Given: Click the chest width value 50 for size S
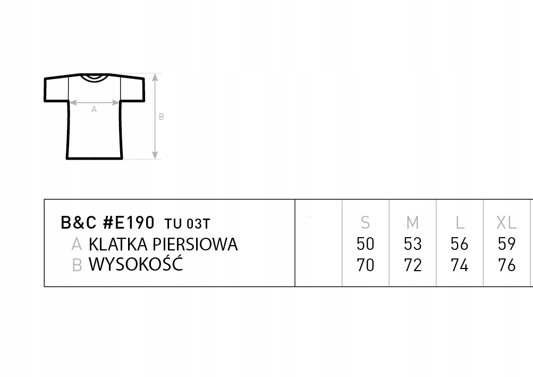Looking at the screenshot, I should [x=366, y=244].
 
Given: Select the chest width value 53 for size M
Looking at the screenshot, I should [x=412, y=244].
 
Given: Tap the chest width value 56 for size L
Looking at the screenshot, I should [x=459, y=244].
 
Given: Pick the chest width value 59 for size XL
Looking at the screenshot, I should [x=506, y=244].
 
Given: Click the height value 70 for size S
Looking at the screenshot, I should [x=366, y=265].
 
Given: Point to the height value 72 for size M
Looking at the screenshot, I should [x=412, y=265].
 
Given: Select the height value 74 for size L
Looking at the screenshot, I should [x=459, y=265].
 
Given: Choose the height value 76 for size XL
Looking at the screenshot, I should [x=506, y=265].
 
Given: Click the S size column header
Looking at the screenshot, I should [x=365, y=222].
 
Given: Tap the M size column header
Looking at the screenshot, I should [x=412, y=222].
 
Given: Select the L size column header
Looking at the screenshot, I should [x=460, y=222].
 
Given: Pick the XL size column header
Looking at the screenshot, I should [x=506, y=222].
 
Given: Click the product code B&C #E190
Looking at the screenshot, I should [x=108, y=222].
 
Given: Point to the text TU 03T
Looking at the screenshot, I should [x=187, y=223].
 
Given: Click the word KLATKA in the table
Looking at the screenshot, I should [x=119, y=244].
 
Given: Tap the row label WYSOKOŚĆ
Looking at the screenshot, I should [x=136, y=264].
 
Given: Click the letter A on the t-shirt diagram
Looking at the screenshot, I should [x=94, y=110].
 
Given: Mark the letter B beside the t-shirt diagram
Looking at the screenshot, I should [x=162, y=117].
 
